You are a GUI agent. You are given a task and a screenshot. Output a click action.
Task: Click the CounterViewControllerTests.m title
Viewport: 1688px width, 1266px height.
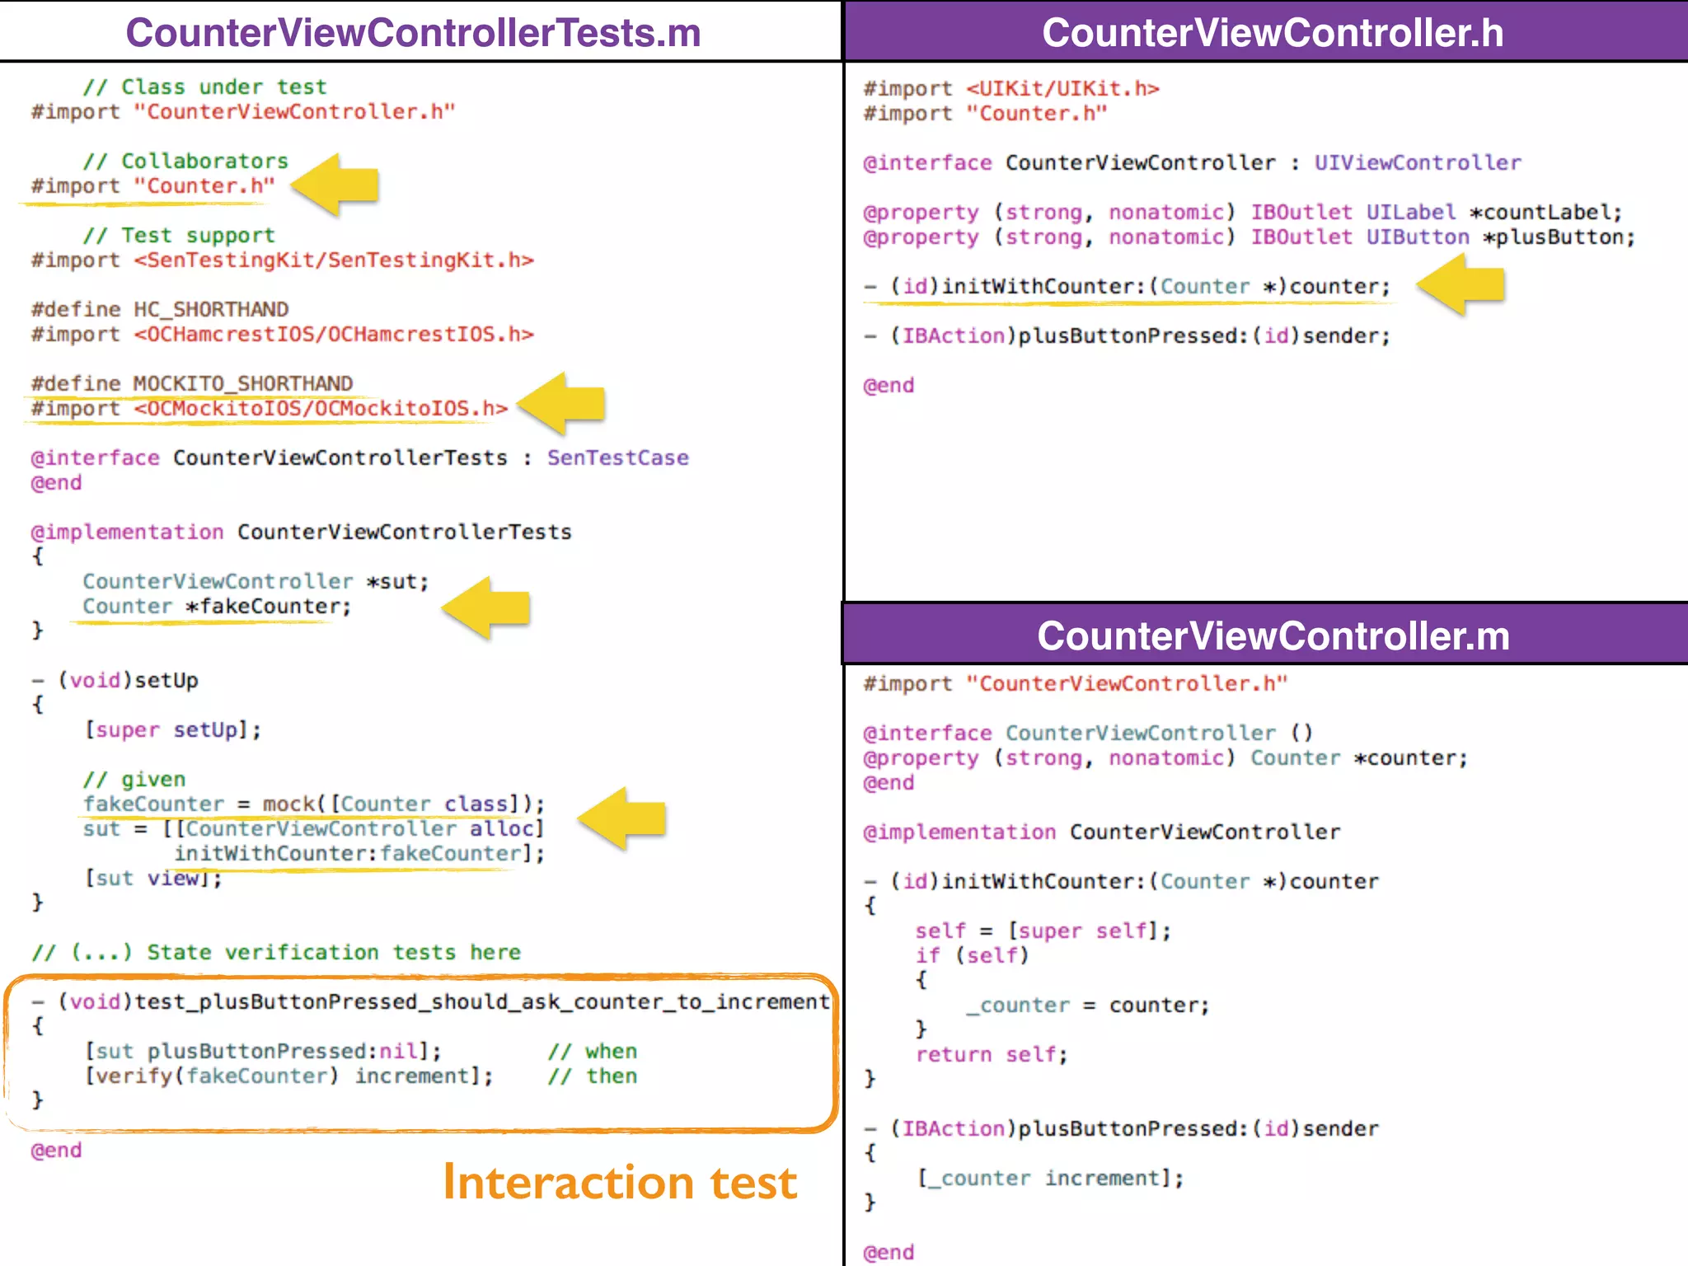point(413,33)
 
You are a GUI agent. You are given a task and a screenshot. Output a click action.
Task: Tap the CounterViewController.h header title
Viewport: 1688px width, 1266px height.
point(1272,33)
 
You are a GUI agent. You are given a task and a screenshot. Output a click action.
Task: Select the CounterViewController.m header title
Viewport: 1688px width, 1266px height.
point(1273,635)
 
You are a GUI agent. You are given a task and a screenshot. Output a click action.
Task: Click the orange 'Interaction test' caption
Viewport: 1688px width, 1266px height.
point(620,1182)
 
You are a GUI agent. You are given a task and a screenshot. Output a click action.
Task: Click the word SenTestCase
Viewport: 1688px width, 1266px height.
point(617,457)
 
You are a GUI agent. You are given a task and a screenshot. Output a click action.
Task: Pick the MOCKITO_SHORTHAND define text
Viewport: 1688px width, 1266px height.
point(242,383)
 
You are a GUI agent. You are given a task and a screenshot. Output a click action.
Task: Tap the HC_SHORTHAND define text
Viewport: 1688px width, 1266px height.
point(211,309)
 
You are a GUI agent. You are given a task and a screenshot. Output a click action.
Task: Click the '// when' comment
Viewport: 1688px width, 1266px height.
point(593,1051)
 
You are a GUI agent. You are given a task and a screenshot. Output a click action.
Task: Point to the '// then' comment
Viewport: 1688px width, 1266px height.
point(593,1076)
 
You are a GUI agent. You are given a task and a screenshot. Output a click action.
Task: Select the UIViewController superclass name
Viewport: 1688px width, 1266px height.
point(1417,162)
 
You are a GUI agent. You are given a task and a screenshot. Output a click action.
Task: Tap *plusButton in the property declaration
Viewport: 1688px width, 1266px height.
point(1559,237)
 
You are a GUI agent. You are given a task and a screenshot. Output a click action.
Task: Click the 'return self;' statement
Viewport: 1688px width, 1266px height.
point(992,1054)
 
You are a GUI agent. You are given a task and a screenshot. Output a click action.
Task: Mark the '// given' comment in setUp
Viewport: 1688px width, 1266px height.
point(134,779)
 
